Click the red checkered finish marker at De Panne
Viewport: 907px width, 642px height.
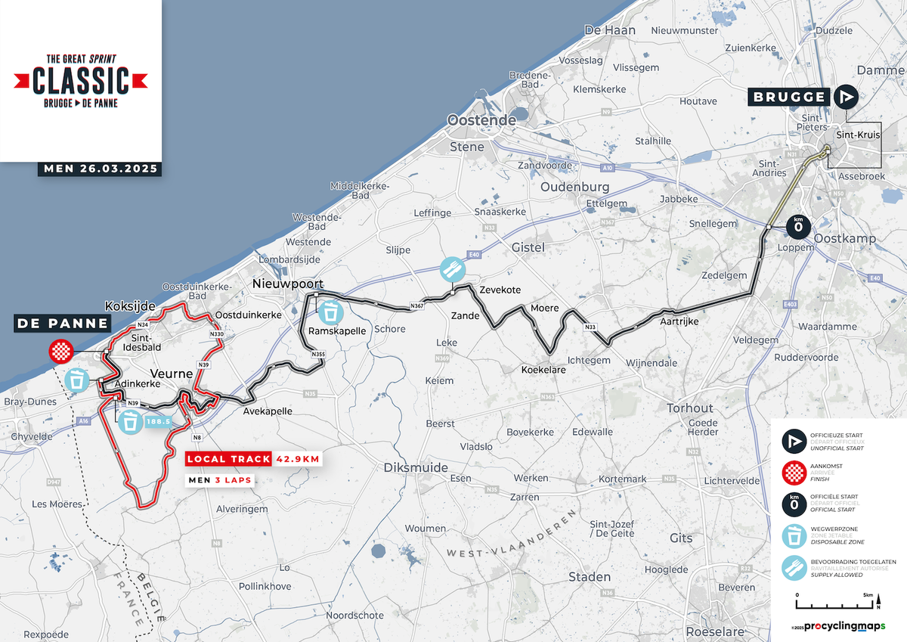pos(60,352)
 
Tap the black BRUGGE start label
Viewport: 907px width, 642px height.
pos(789,97)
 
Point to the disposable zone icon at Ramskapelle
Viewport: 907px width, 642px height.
pos(331,312)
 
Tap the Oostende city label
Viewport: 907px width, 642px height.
pos(481,120)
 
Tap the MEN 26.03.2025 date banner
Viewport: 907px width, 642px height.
pos(99,169)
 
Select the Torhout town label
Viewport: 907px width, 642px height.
pos(689,408)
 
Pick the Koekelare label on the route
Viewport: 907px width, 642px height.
pos(543,370)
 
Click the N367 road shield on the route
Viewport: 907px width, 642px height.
pos(416,306)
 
